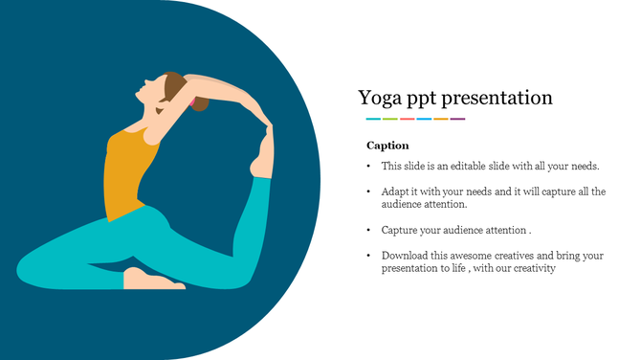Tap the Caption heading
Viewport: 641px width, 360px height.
(387, 146)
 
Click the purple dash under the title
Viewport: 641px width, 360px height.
(458, 119)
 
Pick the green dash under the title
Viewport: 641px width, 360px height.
(390, 119)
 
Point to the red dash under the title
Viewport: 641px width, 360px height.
(408, 119)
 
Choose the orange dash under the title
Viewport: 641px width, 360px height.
(441, 119)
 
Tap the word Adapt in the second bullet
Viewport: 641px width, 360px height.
(396, 191)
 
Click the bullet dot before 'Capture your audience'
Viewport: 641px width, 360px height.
(369, 231)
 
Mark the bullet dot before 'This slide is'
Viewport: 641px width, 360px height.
(369, 167)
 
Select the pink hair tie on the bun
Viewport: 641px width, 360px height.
(191, 100)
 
